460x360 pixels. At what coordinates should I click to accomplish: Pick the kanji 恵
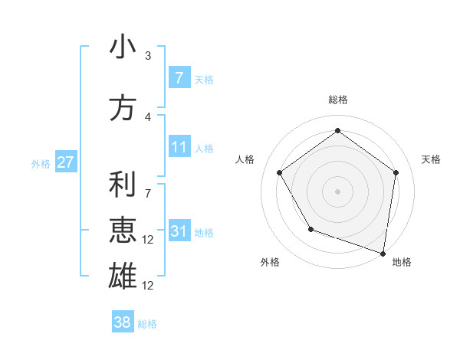coord(123,230)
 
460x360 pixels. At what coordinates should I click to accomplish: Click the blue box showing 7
coord(179,77)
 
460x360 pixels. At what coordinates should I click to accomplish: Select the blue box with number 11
coord(179,147)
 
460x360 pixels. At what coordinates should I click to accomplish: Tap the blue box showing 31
coord(179,231)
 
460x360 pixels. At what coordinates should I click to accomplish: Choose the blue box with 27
coord(65,162)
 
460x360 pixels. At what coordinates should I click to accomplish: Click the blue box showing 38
coord(123,322)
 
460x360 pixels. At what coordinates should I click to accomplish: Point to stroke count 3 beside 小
coord(148,55)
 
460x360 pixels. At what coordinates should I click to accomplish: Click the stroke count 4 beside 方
coord(148,116)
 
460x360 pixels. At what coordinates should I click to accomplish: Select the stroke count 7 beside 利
coord(148,186)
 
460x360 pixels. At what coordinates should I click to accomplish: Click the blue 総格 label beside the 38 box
coord(147,324)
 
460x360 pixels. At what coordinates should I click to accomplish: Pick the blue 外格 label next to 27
coord(40,163)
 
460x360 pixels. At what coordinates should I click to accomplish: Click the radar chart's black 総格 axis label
coord(337,100)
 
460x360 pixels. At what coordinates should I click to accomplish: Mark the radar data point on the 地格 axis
coord(383,252)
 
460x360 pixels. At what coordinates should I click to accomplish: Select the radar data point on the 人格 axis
coord(280,172)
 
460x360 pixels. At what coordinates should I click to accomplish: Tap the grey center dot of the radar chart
coord(337,191)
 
